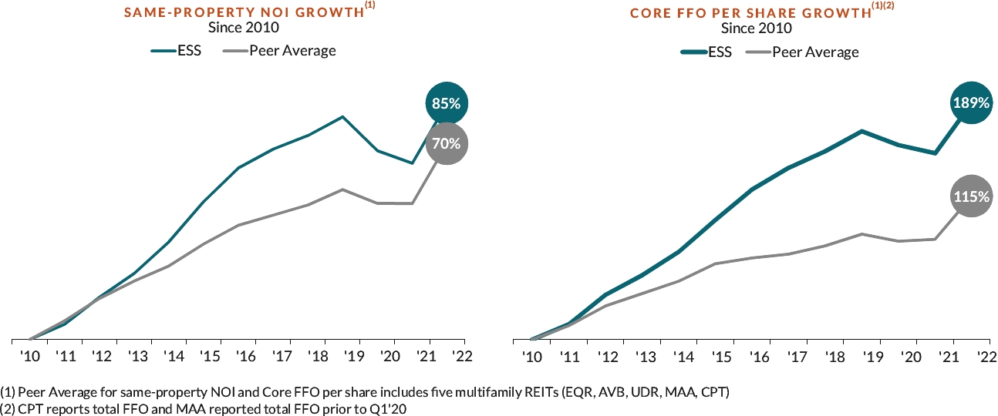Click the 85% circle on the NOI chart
click(446, 103)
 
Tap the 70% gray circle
click(446, 143)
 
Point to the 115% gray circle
click(971, 196)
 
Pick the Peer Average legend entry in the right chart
click(815, 52)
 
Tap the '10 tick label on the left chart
click(31, 356)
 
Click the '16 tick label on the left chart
click(245, 356)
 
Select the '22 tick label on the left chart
click(463, 356)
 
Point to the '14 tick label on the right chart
click(682, 356)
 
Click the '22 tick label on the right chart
click(986, 356)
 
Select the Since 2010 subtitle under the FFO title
click(756, 29)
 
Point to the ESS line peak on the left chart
click(342, 116)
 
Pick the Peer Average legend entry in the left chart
click(292, 51)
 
